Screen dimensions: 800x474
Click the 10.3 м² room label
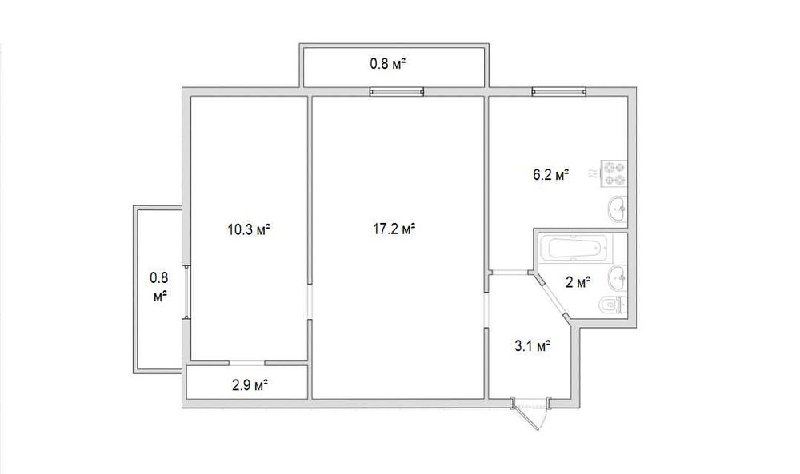coord(249,230)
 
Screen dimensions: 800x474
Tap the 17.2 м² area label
coord(394,229)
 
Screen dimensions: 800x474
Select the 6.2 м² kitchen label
coord(550,175)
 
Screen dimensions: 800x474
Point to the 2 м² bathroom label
coord(578,282)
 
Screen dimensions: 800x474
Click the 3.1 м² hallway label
coord(532,347)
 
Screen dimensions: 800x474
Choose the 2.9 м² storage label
coord(250,385)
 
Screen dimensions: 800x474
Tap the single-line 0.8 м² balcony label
coord(388,64)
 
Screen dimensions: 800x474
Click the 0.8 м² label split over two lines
coord(159,288)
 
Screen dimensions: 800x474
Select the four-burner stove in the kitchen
coord(614,173)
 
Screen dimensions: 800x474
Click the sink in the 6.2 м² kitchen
coord(618,209)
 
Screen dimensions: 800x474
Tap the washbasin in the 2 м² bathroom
coord(618,278)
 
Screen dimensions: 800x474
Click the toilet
coord(612,305)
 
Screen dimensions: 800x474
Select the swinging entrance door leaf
coord(529,416)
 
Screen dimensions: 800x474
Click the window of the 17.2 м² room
coord(397,92)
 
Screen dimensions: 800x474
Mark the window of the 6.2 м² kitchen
coord(558,92)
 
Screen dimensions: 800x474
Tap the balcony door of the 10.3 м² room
coord(187,292)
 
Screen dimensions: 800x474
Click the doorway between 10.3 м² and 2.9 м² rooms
coord(247,364)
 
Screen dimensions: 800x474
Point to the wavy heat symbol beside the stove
coord(593,173)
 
